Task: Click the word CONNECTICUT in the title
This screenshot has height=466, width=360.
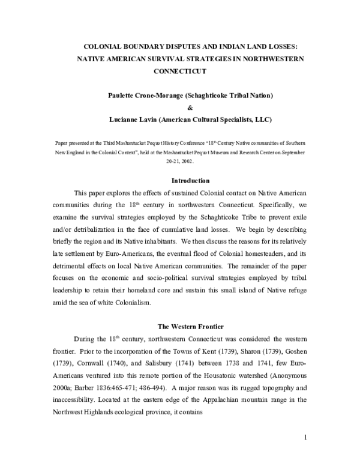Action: click(179, 71)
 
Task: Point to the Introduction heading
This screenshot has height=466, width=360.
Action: click(190, 181)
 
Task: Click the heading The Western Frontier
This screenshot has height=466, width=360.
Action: click(190, 327)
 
